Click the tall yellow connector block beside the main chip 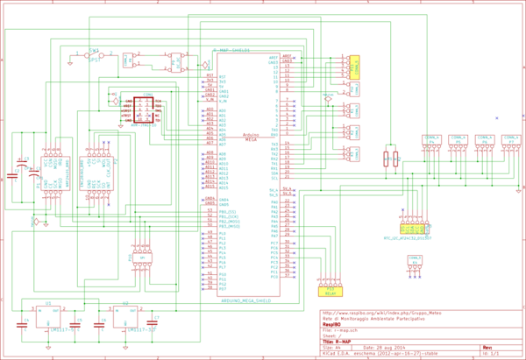(x=354, y=67)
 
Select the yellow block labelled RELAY (x=330, y=291)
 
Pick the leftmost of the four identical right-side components (x=431, y=143)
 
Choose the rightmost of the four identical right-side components (x=510, y=143)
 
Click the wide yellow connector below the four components (x=412, y=229)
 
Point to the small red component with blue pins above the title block (x=415, y=264)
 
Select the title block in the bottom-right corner (x=421, y=332)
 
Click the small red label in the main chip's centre (x=251, y=137)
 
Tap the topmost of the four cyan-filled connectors (x=351, y=89)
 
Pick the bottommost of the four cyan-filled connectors (x=351, y=154)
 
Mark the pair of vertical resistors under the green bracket (x=391, y=159)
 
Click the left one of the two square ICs (x=53, y=173)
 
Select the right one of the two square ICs (x=96, y=173)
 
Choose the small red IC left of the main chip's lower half (x=141, y=258)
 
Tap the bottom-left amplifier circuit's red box (x=47, y=316)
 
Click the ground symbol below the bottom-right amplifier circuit (x=125, y=347)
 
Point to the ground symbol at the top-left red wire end (x=70, y=63)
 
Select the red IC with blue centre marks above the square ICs (x=141, y=110)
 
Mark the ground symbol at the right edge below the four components (x=518, y=189)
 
